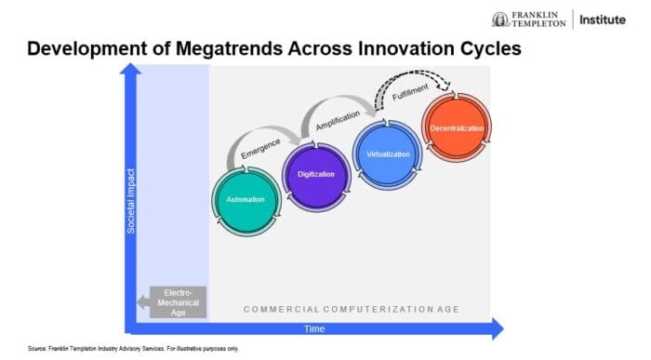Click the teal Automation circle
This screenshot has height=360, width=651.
click(x=246, y=199)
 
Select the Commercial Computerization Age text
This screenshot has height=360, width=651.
click(x=351, y=309)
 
